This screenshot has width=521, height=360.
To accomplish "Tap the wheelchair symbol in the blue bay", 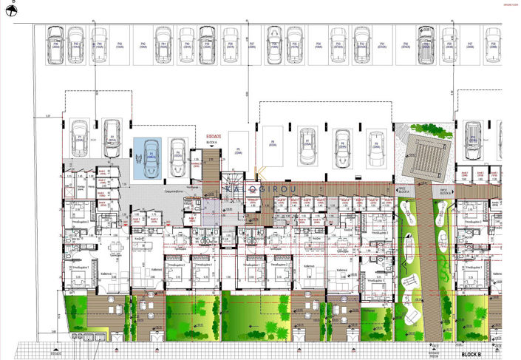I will [x=139, y=157].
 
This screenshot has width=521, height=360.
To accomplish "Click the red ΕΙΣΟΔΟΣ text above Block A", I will [x=214, y=137].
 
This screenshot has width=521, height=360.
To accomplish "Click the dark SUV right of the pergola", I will [x=472, y=137].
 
